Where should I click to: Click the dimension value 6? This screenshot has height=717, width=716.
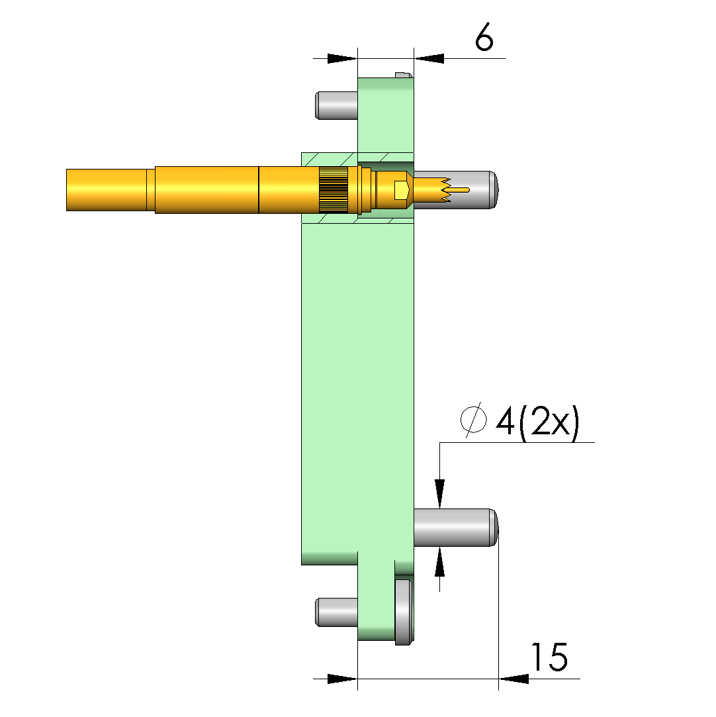coord(484,36)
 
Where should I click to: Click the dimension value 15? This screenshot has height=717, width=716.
coord(549,657)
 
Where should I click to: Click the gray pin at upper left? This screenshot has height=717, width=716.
coord(336,105)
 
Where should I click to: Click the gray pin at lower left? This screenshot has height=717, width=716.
coord(336,612)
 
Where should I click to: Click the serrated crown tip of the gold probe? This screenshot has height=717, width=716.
coord(432,190)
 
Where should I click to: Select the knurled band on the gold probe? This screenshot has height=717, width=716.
coord(333,190)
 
